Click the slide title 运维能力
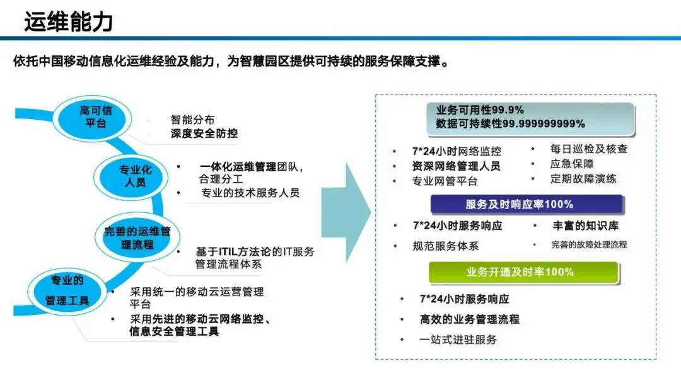click(x=68, y=21)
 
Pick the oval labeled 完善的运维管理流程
click(x=137, y=237)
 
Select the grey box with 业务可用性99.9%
click(x=509, y=117)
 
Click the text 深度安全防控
click(x=204, y=134)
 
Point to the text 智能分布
click(x=192, y=119)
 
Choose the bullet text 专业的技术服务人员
click(x=250, y=193)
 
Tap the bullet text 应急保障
click(x=571, y=164)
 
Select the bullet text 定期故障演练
click(x=583, y=178)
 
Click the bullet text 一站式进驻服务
click(x=458, y=340)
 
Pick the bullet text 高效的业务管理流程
click(x=470, y=319)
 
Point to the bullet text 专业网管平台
click(x=445, y=181)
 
